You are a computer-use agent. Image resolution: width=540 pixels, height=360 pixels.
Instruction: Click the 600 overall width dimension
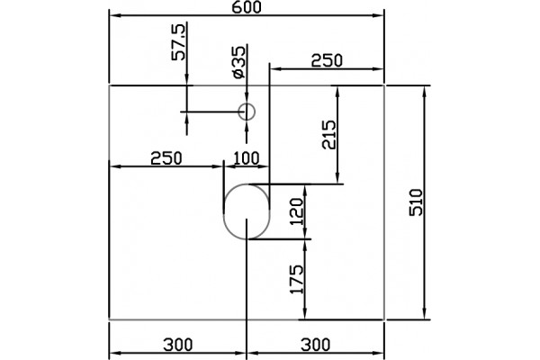(x=247, y=7)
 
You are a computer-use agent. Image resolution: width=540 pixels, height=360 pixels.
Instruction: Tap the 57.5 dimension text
(x=179, y=42)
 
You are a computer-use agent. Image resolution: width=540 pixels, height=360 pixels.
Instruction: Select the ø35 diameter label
(x=239, y=62)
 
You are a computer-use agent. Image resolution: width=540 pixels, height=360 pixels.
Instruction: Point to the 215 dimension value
(x=328, y=134)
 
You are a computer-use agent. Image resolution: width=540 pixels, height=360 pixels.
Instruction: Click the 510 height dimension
(x=416, y=202)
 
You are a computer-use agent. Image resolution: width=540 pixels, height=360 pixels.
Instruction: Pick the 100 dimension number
(x=247, y=158)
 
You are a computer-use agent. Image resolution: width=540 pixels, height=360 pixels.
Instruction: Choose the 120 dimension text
(x=297, y=211)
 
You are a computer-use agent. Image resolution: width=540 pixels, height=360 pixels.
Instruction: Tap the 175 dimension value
(x=297, y=279)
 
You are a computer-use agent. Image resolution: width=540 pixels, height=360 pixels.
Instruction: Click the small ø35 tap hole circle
(x=247, y=112)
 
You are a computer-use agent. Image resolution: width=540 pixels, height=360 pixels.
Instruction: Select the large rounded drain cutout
(x=224, y=211)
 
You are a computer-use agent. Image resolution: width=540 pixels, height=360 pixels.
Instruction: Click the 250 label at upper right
(x=327, y=61)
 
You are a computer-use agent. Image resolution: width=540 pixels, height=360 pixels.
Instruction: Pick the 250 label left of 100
(x=166, y=158)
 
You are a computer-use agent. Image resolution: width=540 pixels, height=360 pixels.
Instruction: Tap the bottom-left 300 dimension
(x=177, y=345)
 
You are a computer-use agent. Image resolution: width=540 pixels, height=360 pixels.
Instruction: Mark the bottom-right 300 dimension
(x=316, y=345)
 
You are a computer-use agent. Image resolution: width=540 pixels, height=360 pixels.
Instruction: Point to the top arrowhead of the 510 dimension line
(x=426, y=91)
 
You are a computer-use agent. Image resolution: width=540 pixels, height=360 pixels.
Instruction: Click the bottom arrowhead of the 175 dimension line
(x=305, y=314)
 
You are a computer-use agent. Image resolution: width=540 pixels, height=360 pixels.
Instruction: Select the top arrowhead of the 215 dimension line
(x=337, y=91)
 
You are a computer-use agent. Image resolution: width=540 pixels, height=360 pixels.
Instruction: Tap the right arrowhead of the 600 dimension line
(x=379, y=15)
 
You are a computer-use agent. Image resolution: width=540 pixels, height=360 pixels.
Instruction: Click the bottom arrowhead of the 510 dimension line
(x=426, y=314)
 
